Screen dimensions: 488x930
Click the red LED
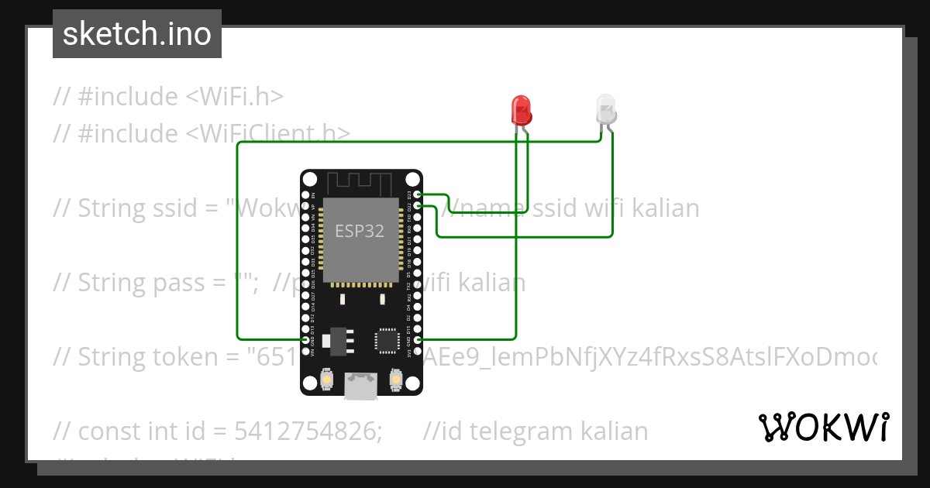pos(522,109)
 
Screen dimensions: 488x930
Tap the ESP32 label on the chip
pos(360,231)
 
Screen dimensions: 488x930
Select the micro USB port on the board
pos(362,385)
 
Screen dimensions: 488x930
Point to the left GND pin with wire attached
pos(305,339)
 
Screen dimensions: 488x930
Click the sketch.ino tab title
pos(137,34)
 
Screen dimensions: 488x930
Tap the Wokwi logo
pos(823,427)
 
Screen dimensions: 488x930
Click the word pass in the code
pos(175,283)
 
